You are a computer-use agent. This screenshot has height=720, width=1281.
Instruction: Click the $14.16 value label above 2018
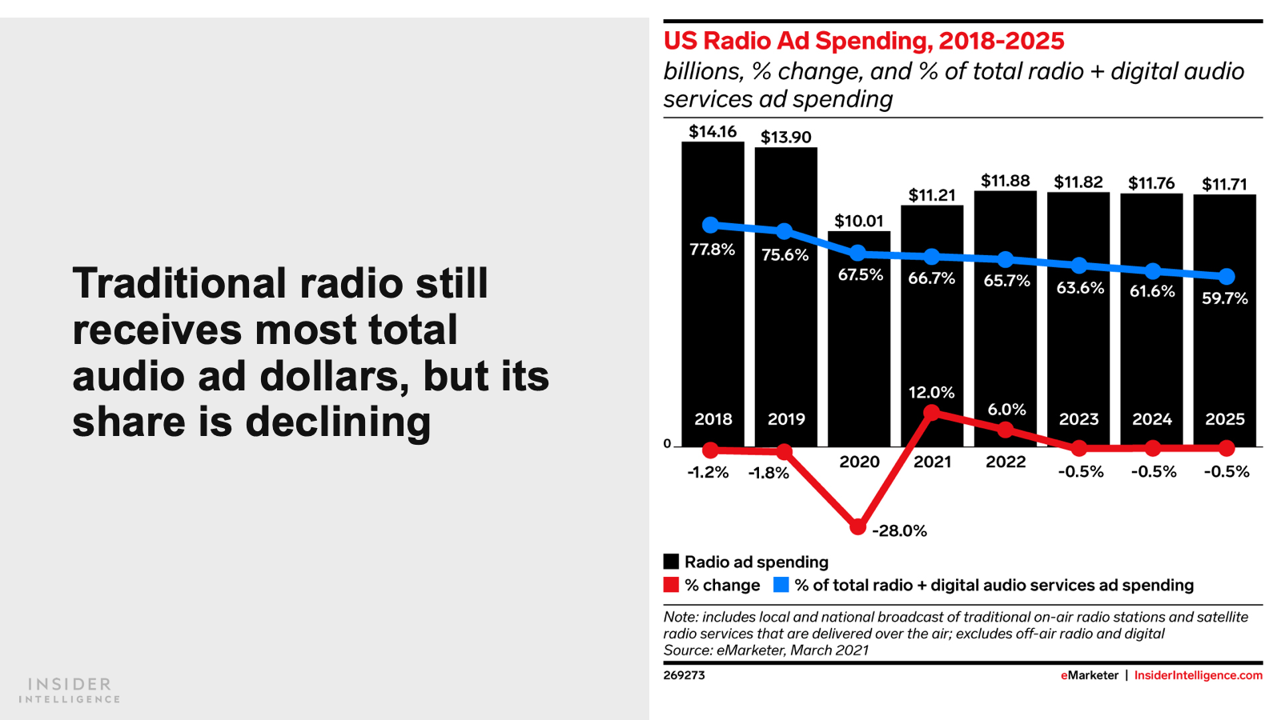pyautogui.click(x=713, y=132)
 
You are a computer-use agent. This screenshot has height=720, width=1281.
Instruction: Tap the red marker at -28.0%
pyautogui.click(x=857, y=527)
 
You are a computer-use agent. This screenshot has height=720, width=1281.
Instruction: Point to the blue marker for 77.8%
pyautogui.click(x=710, y=226)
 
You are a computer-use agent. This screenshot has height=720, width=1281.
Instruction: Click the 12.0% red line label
pyautogui.click(x=931, y=393)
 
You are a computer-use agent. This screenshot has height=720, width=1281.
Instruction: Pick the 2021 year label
pyautogui.click(x=932, y=462)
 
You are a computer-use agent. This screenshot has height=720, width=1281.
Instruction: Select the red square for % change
pyautogui.click(x=671, y=585)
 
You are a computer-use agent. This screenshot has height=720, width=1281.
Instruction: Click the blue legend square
pyautogui.click(x=781, y=585)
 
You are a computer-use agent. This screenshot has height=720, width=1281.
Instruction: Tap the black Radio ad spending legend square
pyautogui.click(x=671, y=562)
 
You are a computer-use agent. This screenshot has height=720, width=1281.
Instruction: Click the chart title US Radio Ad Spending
pyautogui.click(x=864, y=41)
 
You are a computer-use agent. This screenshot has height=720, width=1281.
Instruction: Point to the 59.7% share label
pyautogui.click(x=1224, y=298)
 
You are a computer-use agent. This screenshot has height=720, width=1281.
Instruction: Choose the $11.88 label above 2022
pyautogui.click(x=1005, y=181)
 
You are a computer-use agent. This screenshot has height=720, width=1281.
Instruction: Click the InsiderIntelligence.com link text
pyautogui.click(x=1198, y=675)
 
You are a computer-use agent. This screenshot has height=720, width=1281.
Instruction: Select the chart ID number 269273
pyautogui.click(x=684, y=675)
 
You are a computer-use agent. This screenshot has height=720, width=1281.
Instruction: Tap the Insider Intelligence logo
pyautogui.click(x=70, y=690)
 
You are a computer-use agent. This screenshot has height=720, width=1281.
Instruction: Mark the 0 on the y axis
pyautogui.click(x=667, y=444)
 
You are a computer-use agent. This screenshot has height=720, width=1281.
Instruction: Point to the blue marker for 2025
pyautogui.click(x=1226, y=277)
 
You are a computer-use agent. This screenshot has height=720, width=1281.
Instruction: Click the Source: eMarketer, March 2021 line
pyautogui.click(x=765, y=650)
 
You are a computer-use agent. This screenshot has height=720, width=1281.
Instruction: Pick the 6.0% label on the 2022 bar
pyautogui.click(x=1006, y=410)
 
